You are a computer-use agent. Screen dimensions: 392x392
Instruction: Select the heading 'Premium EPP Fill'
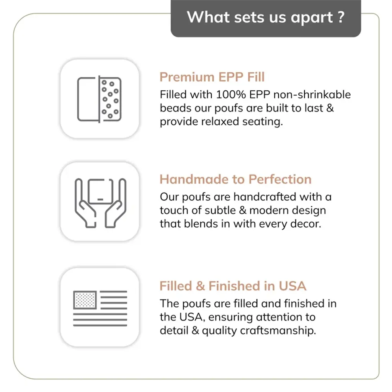tap(212, 77)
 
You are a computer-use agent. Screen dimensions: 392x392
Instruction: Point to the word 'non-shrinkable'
tap(312, 94)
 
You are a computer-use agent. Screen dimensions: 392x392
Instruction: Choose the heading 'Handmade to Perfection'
tap(235, 179)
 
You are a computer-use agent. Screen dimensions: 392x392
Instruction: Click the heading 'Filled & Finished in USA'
tap(233, 286)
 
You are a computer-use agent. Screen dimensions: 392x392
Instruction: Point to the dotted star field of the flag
tap(85, 300)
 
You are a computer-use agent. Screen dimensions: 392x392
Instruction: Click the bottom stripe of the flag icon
tap(100, 325)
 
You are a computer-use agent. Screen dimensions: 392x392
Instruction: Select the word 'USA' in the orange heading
tap(292, 286)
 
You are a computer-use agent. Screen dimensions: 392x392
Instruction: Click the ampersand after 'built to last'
tap(330, 108)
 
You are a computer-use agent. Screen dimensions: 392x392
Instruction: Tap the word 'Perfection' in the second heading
tap(280, 179)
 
